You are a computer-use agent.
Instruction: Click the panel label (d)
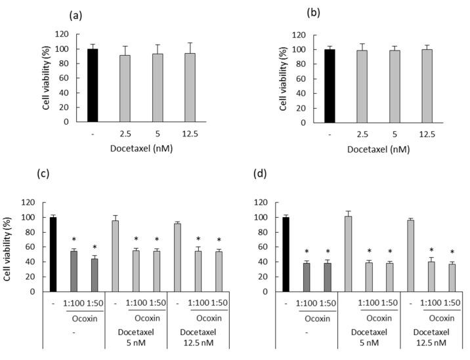(261, 175)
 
